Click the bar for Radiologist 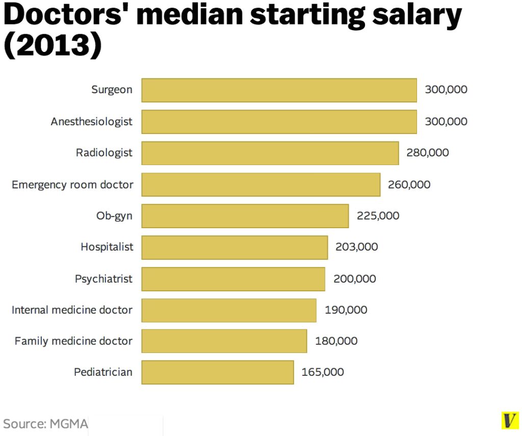pos(270,153)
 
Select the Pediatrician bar pos(217,372)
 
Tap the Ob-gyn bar pos(245,216)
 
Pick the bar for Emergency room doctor pos(260,184)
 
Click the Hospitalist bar pos(234,247)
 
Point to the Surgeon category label pos(112,90)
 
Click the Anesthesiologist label pos(91,122)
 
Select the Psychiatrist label pos(103,279)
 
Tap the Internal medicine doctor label pos(72,310)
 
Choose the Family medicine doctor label pos(73,341)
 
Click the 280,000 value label pos(427,152)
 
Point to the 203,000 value pos(356,247)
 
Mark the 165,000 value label pos(323,372)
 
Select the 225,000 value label pos(378,215)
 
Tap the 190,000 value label pos(346,310)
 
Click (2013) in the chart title pos(53,46)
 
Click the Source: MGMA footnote pos(45,423)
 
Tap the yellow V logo pos(508,420)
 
